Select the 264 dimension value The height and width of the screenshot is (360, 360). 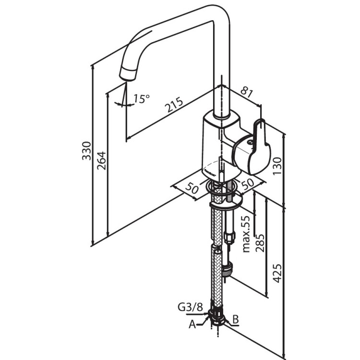tap(101, 160)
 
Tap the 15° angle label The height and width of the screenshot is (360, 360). tap(142, 99)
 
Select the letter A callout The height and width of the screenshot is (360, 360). tap(192, 324)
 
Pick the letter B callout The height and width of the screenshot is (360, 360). tap(236, 318)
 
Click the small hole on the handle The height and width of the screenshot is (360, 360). tap(250, 142)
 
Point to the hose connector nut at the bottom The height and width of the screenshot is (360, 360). tap(218, 317)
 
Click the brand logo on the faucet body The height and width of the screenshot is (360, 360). tap(210, 168)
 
